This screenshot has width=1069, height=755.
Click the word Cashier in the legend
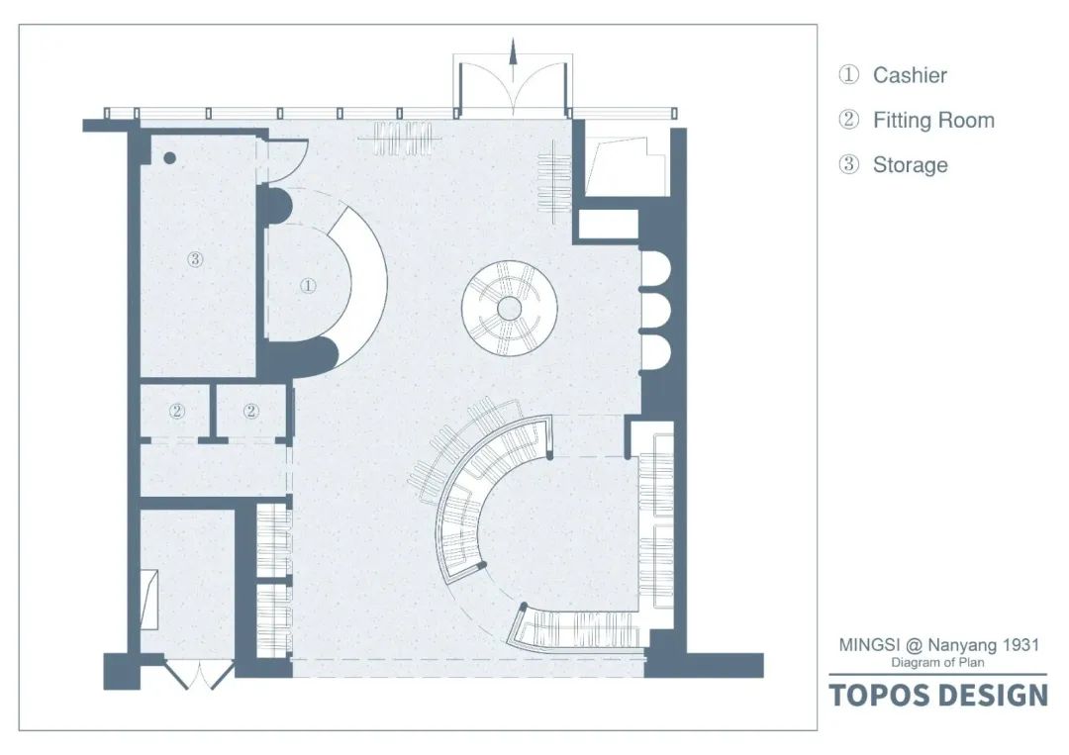coord(909,75)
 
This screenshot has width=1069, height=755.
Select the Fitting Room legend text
coord(932,121)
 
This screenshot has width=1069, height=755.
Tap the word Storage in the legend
coord(910,165)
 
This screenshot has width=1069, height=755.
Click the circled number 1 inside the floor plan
coord(308,285)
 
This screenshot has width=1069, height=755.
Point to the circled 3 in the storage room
coord(195,259)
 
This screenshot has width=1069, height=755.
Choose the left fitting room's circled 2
coord(176,411)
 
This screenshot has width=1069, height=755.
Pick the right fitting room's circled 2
coord(251,411)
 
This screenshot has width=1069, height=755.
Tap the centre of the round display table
coord(509,309)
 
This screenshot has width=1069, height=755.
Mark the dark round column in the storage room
coord(169,157)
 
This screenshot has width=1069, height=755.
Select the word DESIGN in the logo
coord(992,696)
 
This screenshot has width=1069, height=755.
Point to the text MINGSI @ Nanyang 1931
coord(939,645)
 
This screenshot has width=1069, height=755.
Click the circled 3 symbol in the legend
coord(849,165)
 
